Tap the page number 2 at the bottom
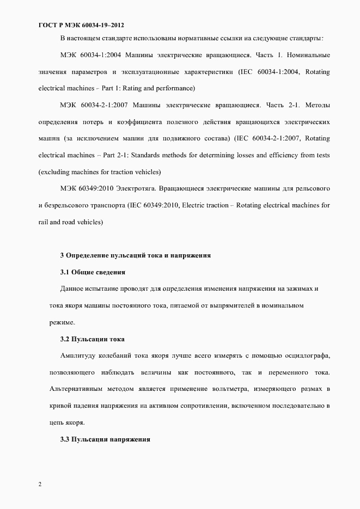click(40, 484)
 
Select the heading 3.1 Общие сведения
click(93, 272)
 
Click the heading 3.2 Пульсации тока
click(93, 339)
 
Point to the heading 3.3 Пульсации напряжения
click(105, 439)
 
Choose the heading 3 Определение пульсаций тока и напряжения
click(135, 255)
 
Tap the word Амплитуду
click(78, 355)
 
